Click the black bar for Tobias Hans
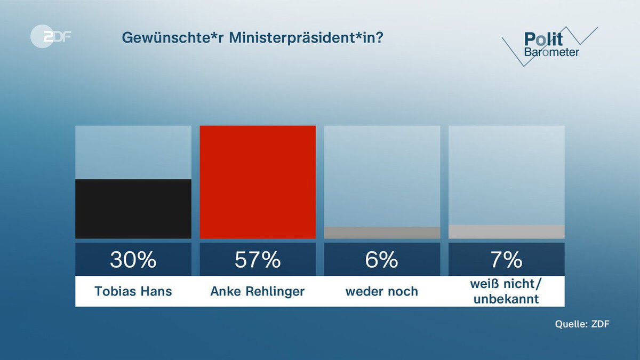pyautogui.click(x=133, y=209)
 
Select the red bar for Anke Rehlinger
pyautogui.click(x=258, y=182)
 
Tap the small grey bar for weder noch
pyautogui.click(x=382, y=233)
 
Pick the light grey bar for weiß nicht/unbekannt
pyautogui.click(x=507, y=231)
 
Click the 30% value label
pyautogui.click(x=133, y=260)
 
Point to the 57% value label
pyautogui.click(x=258, y=260)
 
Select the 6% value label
pyautogui.click(x=382, y=260)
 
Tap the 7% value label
pyautogui.click(x=507, y=260)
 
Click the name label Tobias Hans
pyautogui.click(x=133, y=291)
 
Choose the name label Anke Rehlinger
pyautogui.click(x=258, y=291)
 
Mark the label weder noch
pyautogui.click(x=382, y=291)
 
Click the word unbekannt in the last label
pyautogui.click(x=507, y=299)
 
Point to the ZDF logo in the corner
pyautogui.click(x=51, y=38)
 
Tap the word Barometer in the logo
pyautogui.click(x=551, y=52)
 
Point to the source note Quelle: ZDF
pyautogui.click(x=581, y=324)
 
